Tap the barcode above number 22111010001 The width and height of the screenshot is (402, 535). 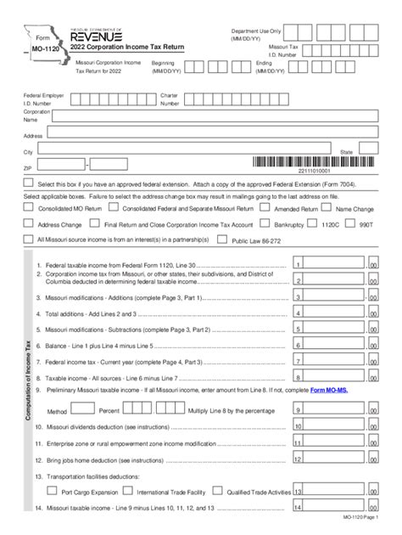tap(314, 162)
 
